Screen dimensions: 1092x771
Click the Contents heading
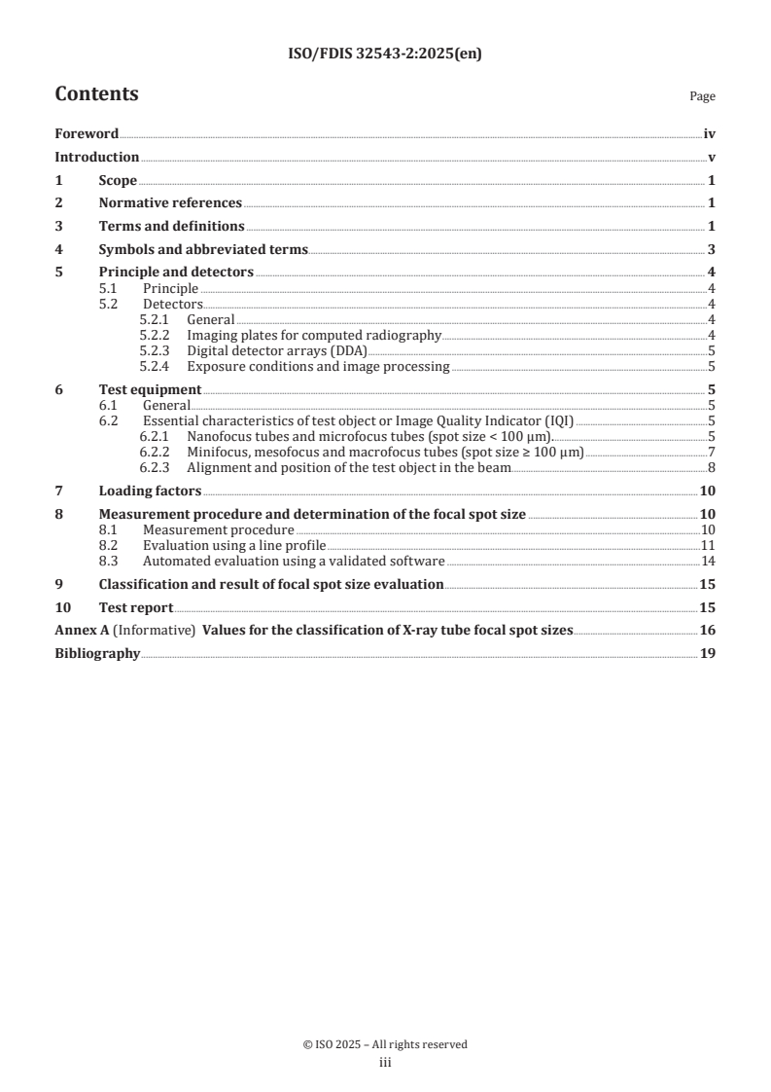click(x=96, y=94)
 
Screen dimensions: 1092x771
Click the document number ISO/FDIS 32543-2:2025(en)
click(x=385, y=55)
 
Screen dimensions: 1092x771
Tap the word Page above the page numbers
click(x=702, y=96)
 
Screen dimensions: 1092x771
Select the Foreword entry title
click(x=87, y=134)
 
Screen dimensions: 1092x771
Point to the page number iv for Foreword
click(x=710, y=134)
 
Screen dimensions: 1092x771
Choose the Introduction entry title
click(x=96, y=158)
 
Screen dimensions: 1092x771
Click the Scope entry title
click(x=118, y=180)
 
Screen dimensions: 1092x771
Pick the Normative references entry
click(x=170, y=203)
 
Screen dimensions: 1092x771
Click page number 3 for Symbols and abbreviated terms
click(x=712, y=249)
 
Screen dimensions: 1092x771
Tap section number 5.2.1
click(x=156, y=319)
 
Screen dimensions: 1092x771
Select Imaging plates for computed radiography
click(x=314, y=336)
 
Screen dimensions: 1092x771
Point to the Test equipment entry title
click(x=150, y=390)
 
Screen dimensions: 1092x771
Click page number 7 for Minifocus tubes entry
click(x=713, y=453)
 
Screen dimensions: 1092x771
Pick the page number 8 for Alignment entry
click(x=713, y=468)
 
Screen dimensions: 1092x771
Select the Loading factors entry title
click(x=150, y=491)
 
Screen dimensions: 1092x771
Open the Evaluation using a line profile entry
click(x=234, y=545)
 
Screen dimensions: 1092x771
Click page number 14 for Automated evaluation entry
click(x=709, y=561)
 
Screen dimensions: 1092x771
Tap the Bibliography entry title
click(x=97, y=653)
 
